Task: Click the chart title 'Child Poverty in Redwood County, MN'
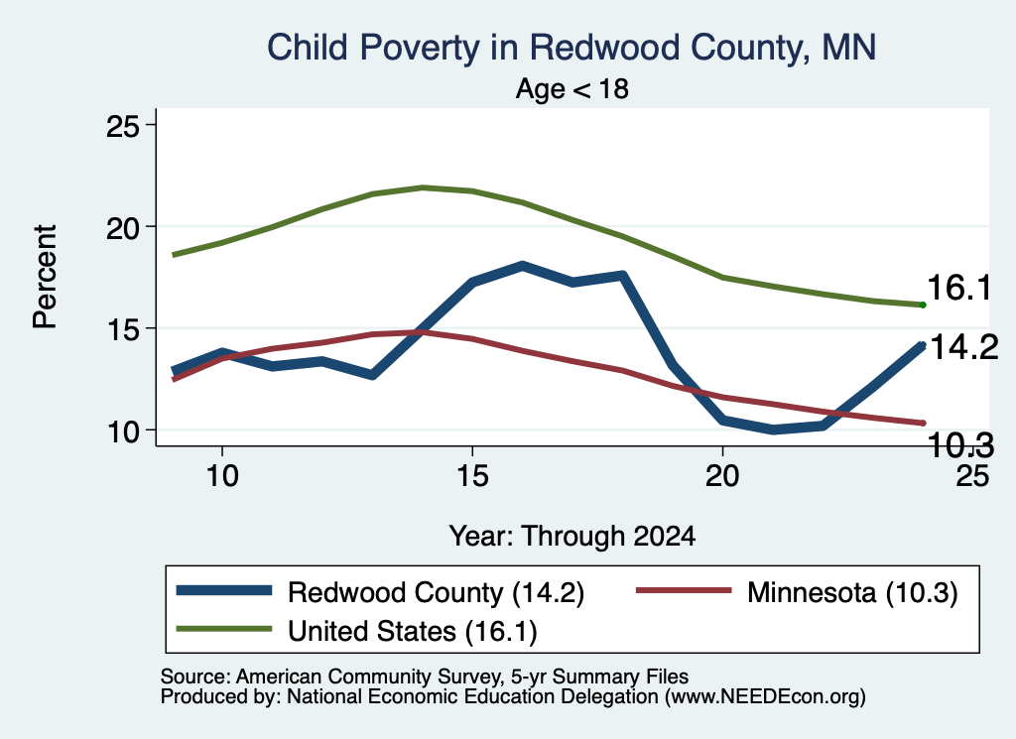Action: tap(571, 48)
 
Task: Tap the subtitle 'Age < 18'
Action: tap(572, 88)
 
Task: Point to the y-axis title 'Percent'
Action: tap(45, 277)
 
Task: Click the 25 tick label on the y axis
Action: tap(122, 126)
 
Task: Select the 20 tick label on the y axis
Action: tap(122, 227)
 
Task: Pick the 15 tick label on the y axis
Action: tap(122, 329)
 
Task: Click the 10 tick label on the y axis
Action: tap(122, 431)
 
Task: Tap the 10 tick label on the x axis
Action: tap(222, 476)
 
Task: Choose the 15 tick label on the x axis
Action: tap(472, 476)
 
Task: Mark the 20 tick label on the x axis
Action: tap(722, 476)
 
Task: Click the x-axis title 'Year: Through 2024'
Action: tap(572, 537)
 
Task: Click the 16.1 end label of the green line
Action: tap(959, 288)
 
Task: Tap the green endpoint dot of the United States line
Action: tap(923, 306)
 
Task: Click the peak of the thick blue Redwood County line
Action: tap(522, 265)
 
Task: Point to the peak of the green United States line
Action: tap(423, 187)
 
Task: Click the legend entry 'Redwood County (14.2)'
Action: tap(380, 592)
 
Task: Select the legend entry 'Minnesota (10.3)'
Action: tap(797, 592)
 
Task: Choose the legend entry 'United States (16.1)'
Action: tap(357, 631)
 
